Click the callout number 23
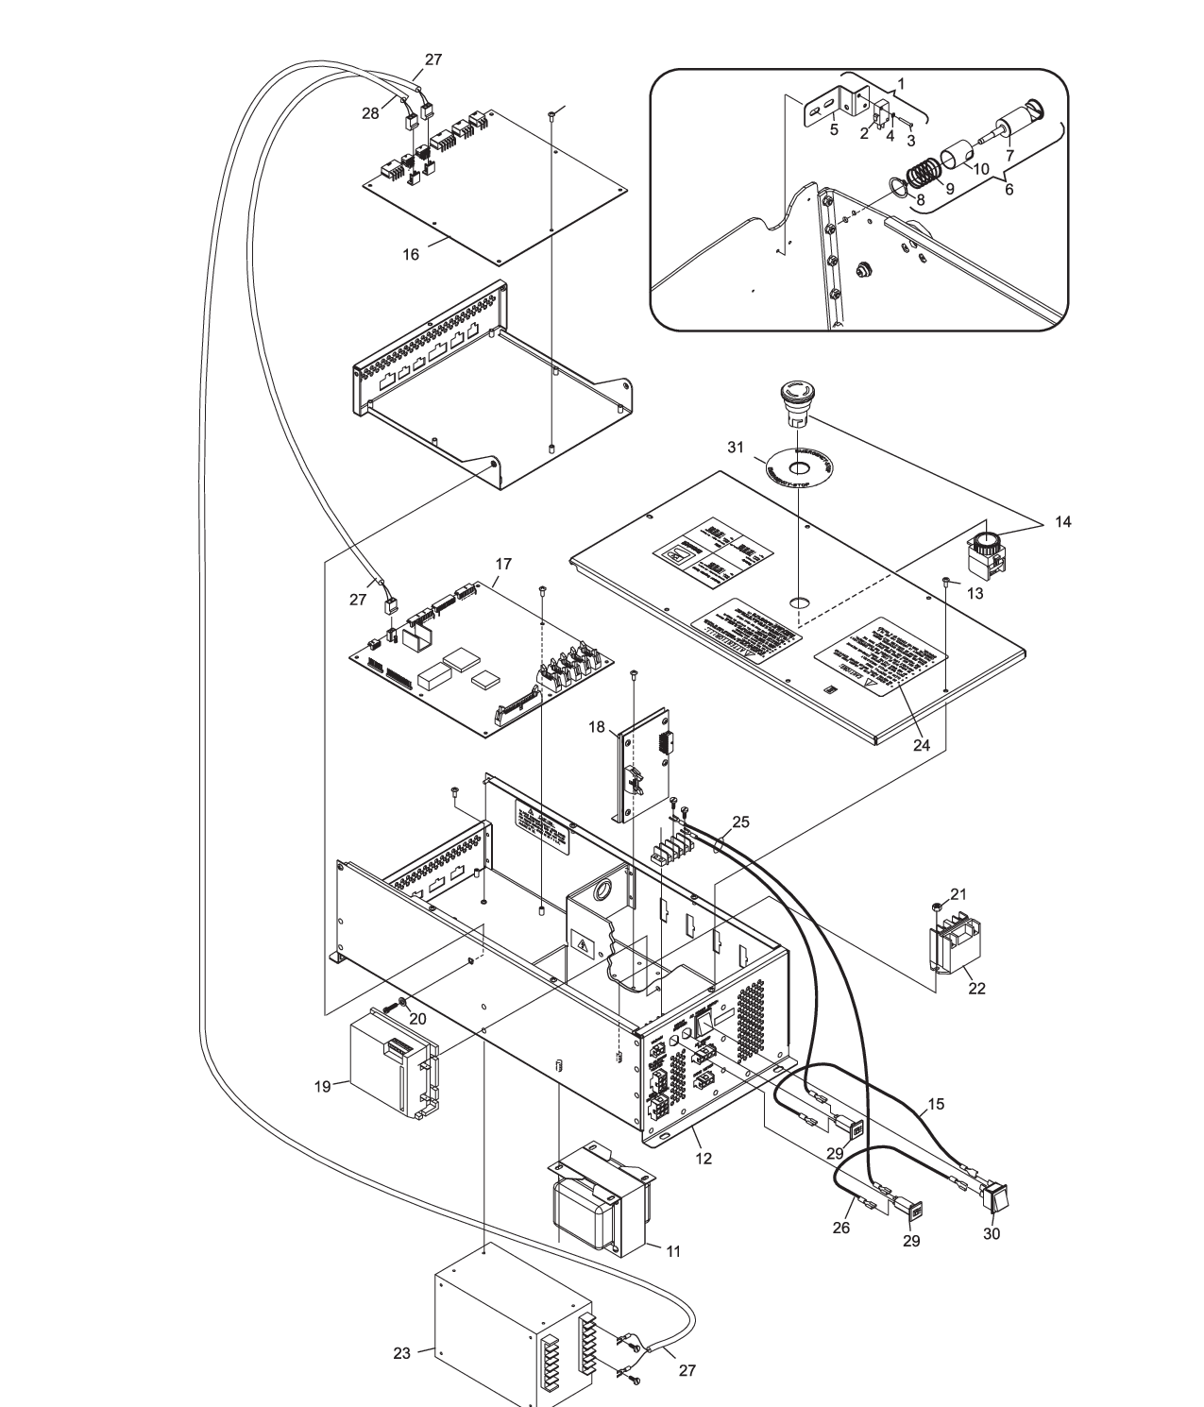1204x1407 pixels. point(401,1353)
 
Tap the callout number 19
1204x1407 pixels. point(322,1087)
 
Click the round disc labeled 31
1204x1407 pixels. point(799,468)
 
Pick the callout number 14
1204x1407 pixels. point(1063,522)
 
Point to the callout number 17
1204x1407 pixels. point(502,564)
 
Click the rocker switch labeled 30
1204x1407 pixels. point(995,1197)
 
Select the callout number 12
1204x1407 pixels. point(703,1158)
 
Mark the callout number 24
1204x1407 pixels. point(922,745)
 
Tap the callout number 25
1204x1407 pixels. point(740,822)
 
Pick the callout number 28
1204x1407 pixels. point(370,113)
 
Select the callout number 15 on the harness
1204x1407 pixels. point(935,1104)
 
